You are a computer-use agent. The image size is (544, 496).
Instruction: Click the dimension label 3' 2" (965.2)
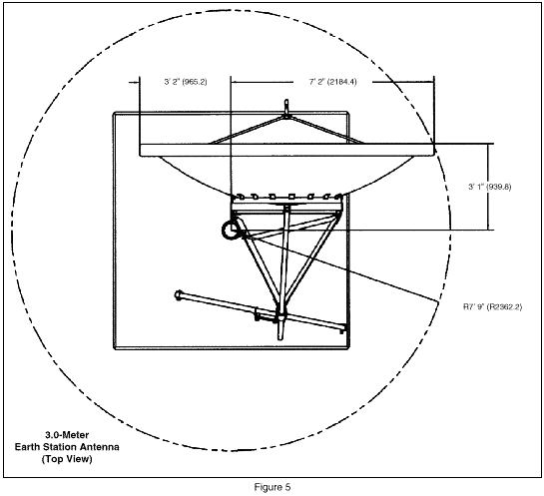tap(186, 82)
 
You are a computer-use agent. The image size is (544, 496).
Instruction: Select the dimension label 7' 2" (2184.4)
tap(332, 82)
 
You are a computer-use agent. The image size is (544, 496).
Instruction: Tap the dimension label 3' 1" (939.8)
tap(489, 187)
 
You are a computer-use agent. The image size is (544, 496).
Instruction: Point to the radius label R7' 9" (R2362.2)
tap(493, 306)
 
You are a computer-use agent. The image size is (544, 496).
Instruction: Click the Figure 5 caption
tap(272, 487)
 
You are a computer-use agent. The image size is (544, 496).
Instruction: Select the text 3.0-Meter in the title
tap(67, 435)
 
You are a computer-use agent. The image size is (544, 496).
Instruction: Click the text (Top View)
tap(67, 459)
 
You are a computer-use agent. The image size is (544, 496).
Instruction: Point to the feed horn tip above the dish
tap(286, 103)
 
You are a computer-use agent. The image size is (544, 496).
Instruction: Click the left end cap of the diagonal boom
tap(179, 295)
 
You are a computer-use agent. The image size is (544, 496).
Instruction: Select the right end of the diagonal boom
tap(342, 327)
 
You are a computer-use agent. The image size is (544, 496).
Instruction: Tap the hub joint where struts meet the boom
tap(280, 316)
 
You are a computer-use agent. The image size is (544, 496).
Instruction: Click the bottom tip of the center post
tap(280, 338)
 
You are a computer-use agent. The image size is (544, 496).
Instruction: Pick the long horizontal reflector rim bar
tap(286, 150)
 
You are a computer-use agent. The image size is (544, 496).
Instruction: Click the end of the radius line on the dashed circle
tap(438, 302)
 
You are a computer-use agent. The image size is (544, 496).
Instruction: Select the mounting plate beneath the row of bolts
tap(286, 207)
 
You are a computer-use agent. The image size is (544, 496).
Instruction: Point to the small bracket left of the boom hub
tap(258, 314)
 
